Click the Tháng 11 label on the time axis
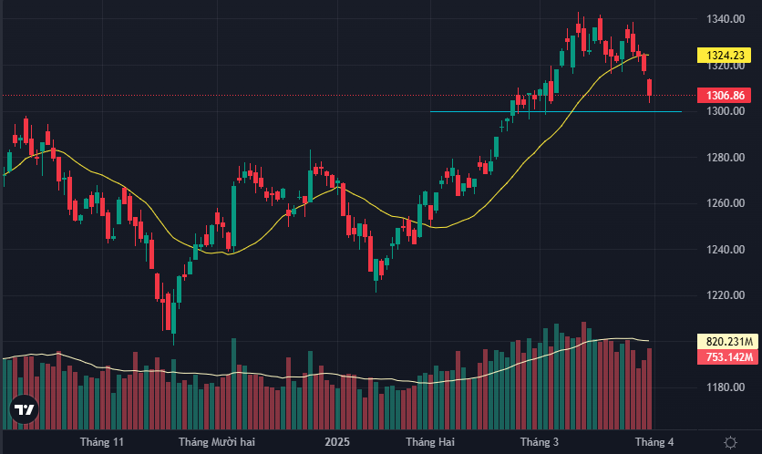[x=102, y=442]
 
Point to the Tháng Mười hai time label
[x=216, y=442]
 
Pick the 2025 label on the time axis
[x=336, y=442]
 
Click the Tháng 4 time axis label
[x=654, y=442]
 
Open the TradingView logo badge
[x=24, y=410]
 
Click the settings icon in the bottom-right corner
[x=730, y=442]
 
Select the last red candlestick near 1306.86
[x=650, y=89]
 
